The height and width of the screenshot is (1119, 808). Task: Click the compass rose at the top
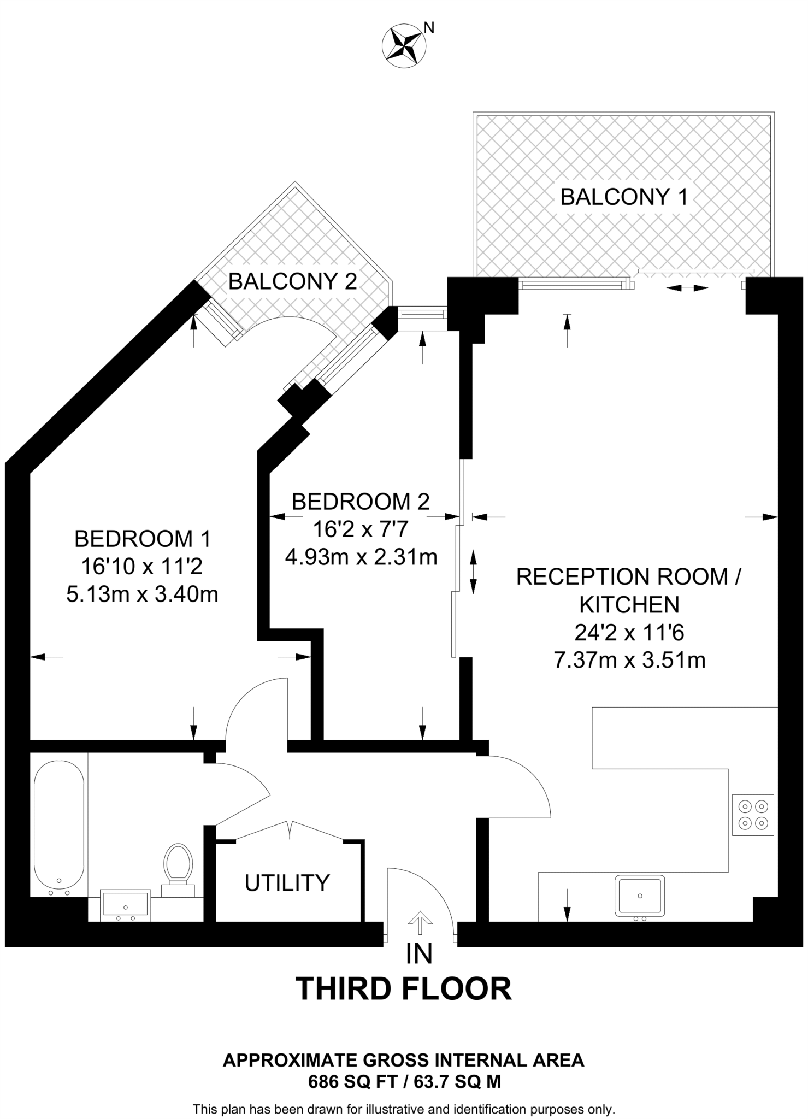[403, 46]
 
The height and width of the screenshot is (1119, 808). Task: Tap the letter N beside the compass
[429, 28]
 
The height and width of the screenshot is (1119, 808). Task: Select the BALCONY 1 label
[624, 197]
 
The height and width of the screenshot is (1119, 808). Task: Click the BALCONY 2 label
[292, 281]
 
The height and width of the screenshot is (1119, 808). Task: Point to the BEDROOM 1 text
[142, 539]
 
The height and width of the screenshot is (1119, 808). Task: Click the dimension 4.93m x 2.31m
[361, 557]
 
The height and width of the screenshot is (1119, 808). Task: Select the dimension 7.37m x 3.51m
[629, 660]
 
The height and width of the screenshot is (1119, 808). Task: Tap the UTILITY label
[287, 882]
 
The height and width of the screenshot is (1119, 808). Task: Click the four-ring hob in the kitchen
[753, 815]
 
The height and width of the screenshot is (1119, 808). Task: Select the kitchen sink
[639, 896]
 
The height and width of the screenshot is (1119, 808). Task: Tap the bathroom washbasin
[126, 905]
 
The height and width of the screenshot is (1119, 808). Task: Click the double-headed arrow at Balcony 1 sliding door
[687, 288]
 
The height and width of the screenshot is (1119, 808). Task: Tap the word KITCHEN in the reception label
[629, 605]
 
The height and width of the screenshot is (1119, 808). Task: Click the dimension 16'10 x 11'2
[142, 566]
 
